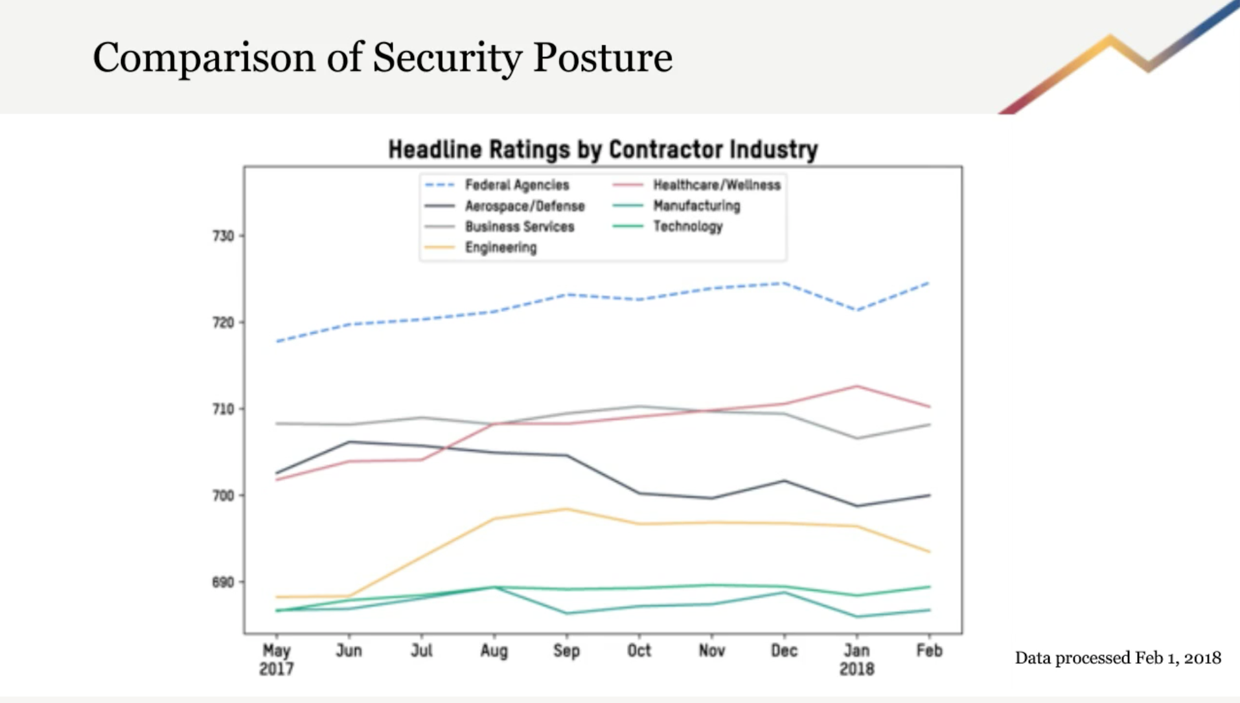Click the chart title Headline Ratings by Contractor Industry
click(x=603, y=150)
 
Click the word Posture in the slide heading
click(x=603, y=58)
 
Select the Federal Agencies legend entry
click(x=516, y=185)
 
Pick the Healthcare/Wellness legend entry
click(x=716, y=185)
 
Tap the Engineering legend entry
click(x=500, y=247)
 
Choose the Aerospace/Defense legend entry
click(x=524, y=206)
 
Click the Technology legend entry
click(x=687, y=227)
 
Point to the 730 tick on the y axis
click(x=224, y=236)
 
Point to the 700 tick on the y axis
click(x=224, y=496)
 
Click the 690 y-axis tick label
click(x=224, y=583)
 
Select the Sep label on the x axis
click(x=566, y=651)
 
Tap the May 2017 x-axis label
click(x=277, y=659)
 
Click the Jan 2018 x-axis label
click(x=856, y=659)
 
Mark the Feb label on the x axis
click(x=929, y=651)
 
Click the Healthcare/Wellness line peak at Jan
click(x=857, y=386)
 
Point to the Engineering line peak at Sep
click(x=567, y=509)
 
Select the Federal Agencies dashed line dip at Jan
click(x=857, y=310)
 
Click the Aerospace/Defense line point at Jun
click(x=350, y=442)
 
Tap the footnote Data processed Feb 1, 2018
click(x=1118, y=658)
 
